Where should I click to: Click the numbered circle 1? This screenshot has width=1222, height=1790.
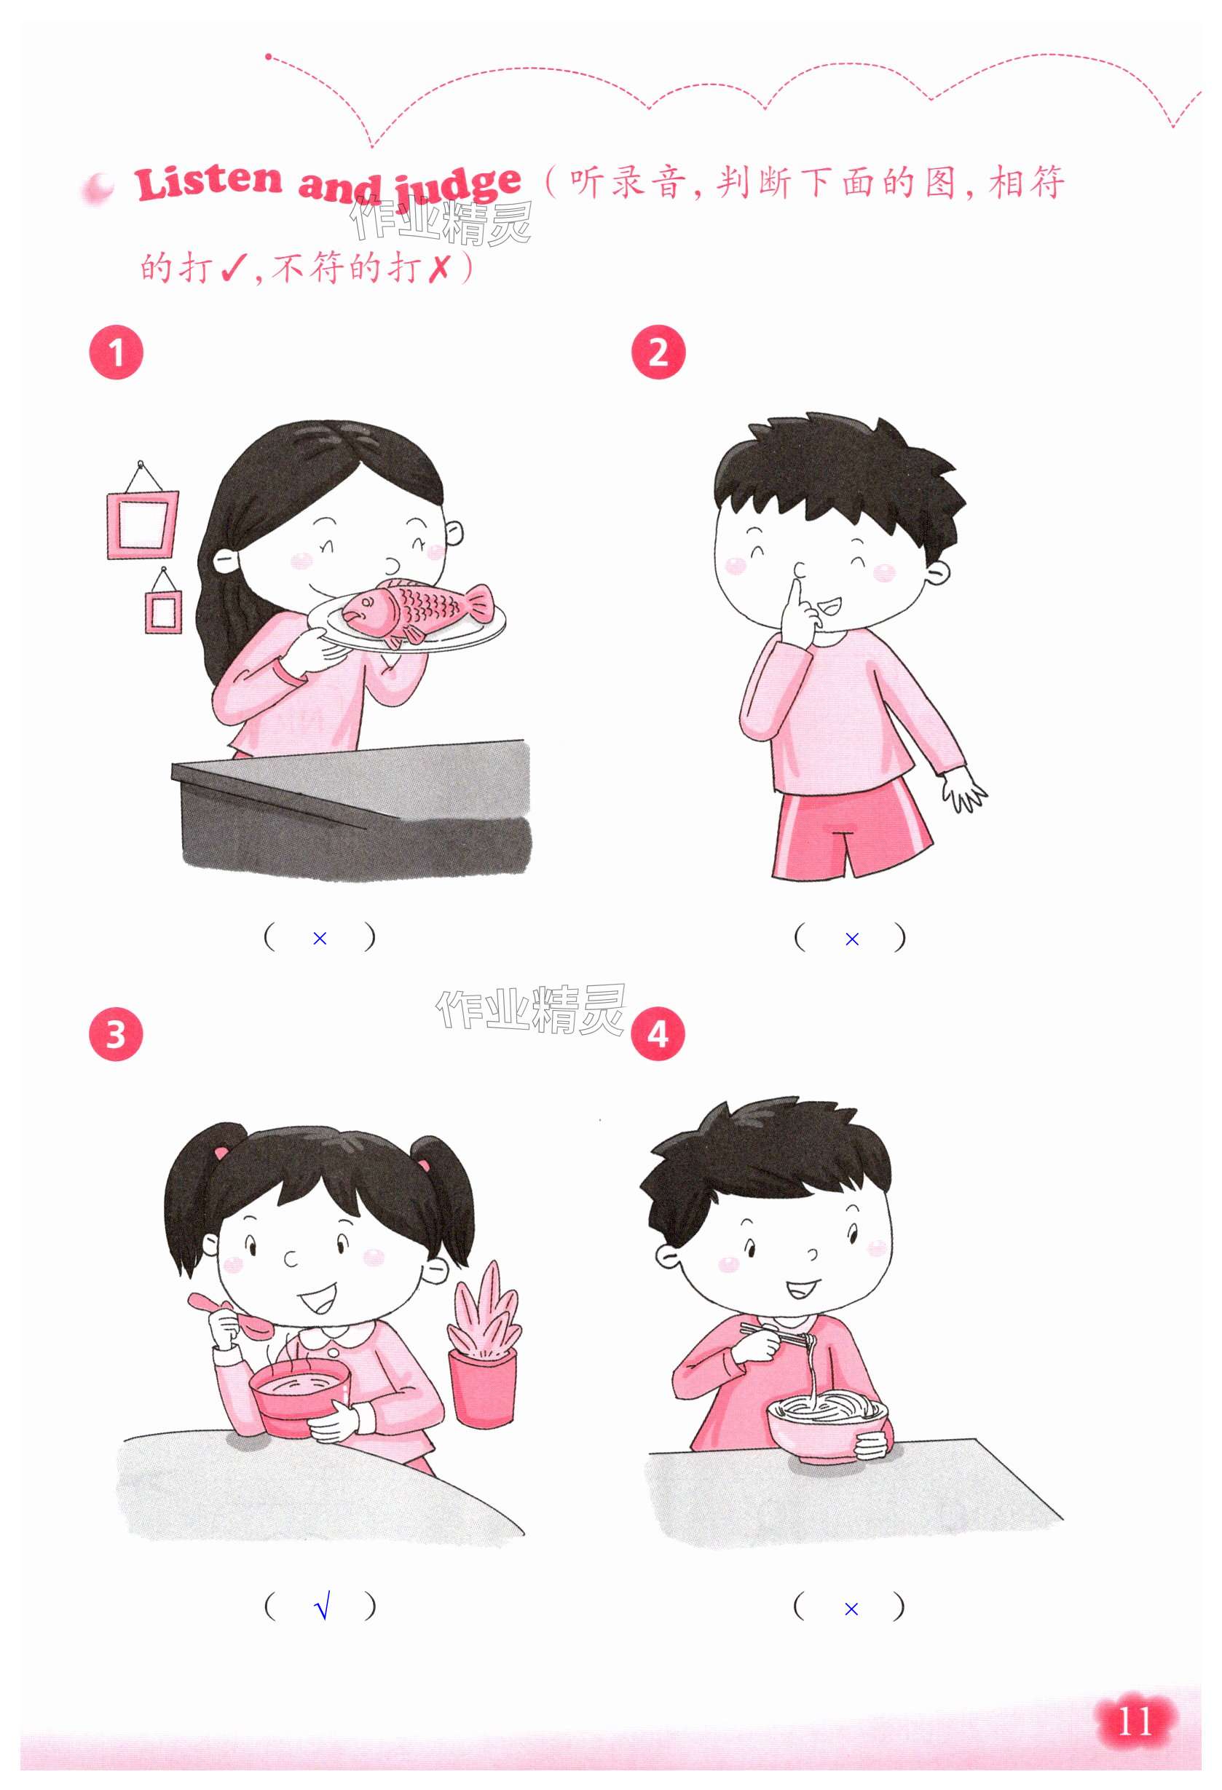117,352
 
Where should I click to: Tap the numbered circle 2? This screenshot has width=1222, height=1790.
658,352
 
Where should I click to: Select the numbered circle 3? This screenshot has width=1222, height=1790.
117,1034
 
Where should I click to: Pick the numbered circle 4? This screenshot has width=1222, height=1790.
658,1033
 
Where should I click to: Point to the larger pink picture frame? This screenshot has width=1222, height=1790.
142,524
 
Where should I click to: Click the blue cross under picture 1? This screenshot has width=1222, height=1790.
320,938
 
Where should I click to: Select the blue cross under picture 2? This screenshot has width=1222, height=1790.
851,939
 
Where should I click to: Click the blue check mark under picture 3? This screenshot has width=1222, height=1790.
323,1607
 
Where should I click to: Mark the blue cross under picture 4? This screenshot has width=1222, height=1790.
851,1608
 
